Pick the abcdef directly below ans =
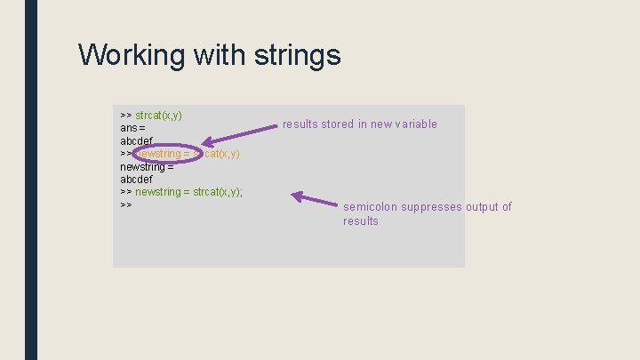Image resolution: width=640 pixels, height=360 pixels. pos(137,140)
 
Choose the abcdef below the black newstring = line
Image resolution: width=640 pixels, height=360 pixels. pos(137,180)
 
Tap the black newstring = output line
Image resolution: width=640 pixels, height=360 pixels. pos(147,166)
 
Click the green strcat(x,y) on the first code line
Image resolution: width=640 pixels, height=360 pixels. pos(159,116)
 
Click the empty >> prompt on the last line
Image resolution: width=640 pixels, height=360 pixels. pos(125,205)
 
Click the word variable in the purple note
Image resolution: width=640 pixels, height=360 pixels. pos(416,124)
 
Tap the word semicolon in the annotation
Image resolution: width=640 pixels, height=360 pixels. pos(370,207)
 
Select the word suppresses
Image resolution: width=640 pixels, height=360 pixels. pos(431,207)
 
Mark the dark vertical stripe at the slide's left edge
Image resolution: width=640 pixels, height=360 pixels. pos(31,180)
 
